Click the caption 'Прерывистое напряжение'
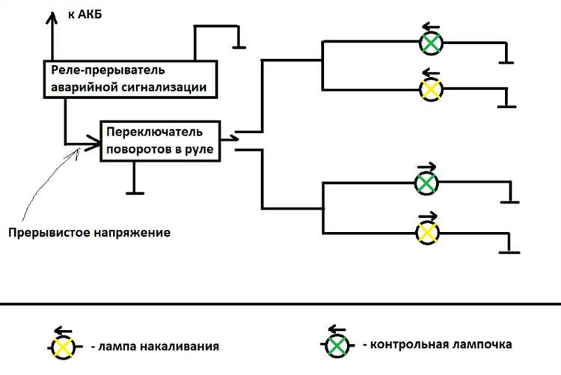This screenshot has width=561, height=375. (x=89, y=232)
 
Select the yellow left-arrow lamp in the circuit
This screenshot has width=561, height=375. (x=430, y=89)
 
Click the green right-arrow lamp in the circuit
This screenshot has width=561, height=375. (x=426, y=183)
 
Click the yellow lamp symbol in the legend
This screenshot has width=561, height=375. (x=63, y=347)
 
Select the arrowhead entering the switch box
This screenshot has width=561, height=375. (x=95, y=142)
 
